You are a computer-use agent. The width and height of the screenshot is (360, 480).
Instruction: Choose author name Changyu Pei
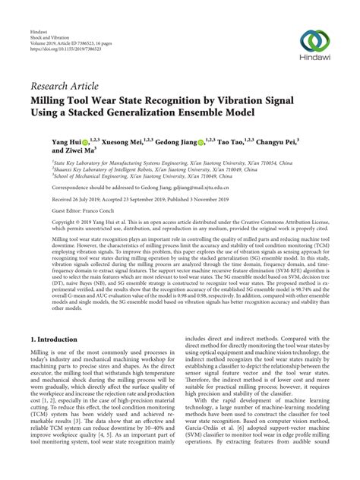(287, 141)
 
